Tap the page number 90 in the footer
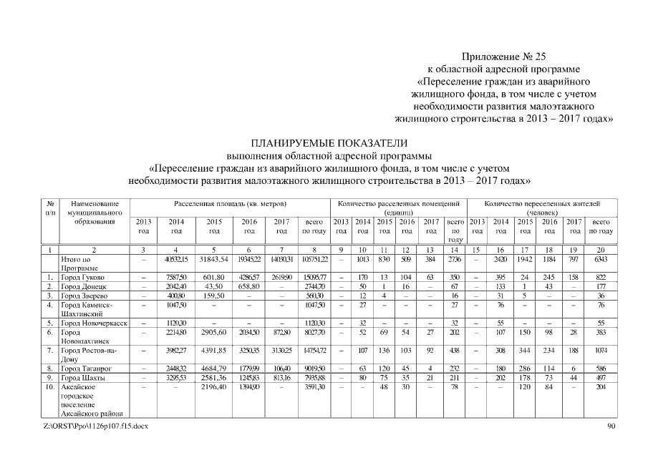610,427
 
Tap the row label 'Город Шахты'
83,378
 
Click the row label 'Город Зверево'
84,295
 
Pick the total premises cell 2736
454,258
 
